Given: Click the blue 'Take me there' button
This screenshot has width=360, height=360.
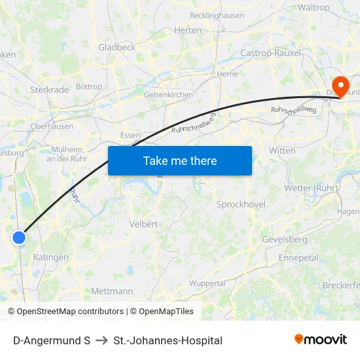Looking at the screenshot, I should coord(180,160).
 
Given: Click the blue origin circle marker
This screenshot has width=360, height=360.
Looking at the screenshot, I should coord(19,238).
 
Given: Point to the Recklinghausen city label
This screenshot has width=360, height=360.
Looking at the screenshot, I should coord(216,16).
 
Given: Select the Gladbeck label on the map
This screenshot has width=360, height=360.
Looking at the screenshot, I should coord(117,47).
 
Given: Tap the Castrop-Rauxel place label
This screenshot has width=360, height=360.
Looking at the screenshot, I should coord(270,53).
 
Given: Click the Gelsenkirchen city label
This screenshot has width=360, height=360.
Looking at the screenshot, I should coord(168,94).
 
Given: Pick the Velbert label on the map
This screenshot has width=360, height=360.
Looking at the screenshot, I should coord(144,224).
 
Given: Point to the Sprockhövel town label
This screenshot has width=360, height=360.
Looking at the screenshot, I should coord(241,204).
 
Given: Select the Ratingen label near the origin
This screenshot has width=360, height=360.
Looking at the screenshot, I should coord(50,257).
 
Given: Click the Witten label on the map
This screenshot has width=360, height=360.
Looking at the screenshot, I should coord(282,150).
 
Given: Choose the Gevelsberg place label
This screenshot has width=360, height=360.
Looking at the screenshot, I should coord(284,240).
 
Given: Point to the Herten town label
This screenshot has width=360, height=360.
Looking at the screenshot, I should coord(188,30).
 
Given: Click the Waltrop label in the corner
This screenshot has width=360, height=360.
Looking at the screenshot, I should coord(314,8).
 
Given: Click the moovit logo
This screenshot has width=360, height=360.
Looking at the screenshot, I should coord(320,339).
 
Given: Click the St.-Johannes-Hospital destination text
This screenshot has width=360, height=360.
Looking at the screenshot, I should coord(168,340).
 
